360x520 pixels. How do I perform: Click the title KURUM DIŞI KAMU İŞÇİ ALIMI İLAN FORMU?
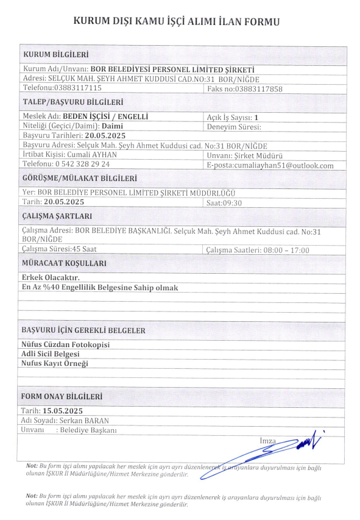click(176, 22)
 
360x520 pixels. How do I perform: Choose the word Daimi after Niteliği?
click(113, 125)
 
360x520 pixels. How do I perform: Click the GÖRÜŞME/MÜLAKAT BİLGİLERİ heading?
click(79, 179)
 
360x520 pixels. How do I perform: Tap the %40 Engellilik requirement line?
click(99, 287)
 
